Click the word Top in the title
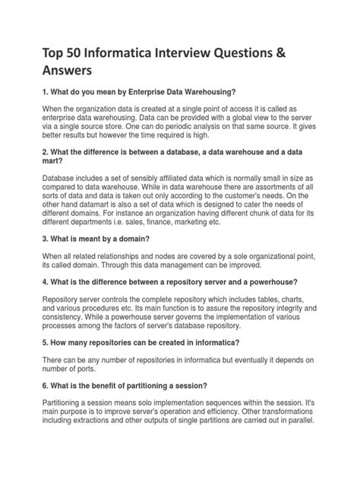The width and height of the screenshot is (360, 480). [x=55, y=49]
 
